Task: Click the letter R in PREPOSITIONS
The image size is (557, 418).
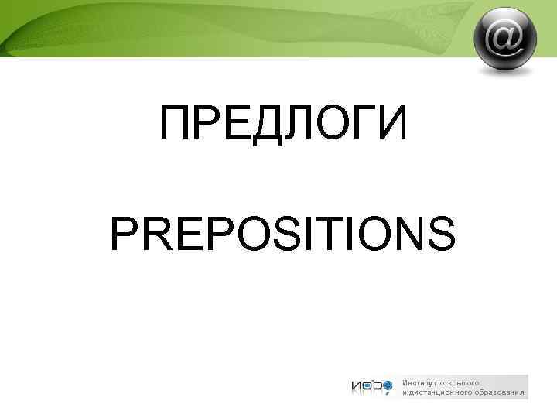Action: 161,234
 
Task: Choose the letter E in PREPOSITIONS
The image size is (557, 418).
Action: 193,234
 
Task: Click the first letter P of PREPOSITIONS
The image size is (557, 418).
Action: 127,234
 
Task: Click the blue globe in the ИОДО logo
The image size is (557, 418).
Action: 388,383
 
